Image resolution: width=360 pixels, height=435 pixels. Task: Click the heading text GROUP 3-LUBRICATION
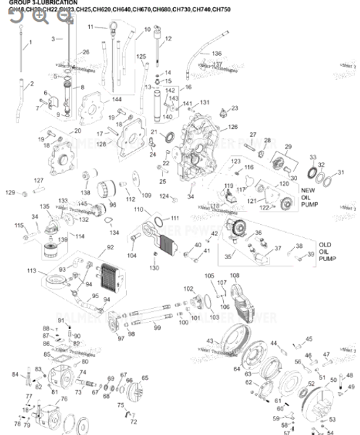coord(33,3)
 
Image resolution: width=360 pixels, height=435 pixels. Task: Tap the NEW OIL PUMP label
coord(310,196)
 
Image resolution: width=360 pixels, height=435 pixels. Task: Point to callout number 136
coord(216,54)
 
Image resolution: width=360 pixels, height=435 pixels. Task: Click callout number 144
coord(96,99)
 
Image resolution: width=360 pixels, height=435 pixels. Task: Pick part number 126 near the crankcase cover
coord(233,127)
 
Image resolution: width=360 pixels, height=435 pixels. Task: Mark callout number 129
coord(10,192)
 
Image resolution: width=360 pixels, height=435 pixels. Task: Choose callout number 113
coord(32,270)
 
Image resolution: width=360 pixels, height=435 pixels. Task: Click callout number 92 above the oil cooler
coord(110,247)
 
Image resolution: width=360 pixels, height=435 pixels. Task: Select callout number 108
coord(234,275)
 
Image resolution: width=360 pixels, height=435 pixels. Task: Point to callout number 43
coord(209,341)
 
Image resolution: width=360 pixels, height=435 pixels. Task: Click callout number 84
coord(15,374)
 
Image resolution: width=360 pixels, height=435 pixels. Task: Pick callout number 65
coord(144,378)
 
